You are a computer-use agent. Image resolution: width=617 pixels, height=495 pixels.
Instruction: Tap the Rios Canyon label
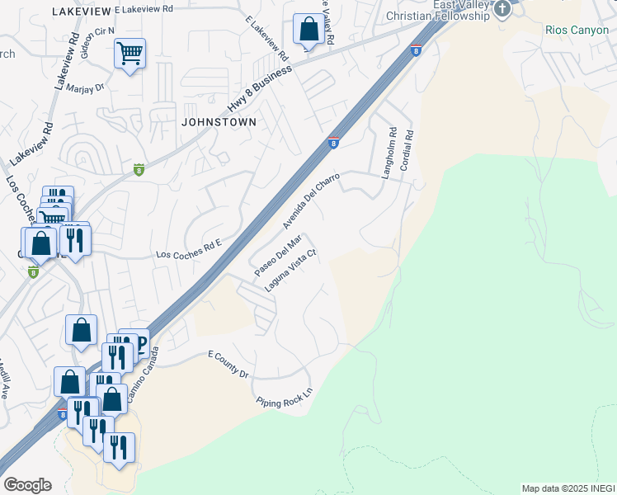tap(577, 30)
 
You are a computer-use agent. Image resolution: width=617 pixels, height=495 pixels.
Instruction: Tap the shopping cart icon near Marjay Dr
tap(130, 54)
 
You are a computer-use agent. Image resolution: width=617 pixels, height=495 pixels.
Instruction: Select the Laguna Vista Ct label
tap(290, 271)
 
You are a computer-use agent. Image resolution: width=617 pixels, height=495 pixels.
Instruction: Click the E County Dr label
tap(228, 363)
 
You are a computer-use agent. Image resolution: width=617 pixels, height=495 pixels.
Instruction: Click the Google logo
tap(27, 485)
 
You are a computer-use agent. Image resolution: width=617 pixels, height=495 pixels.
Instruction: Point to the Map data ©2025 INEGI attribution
tap(568, 488)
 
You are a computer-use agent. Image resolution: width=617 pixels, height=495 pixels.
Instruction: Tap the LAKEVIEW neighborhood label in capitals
tap(81, 12)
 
